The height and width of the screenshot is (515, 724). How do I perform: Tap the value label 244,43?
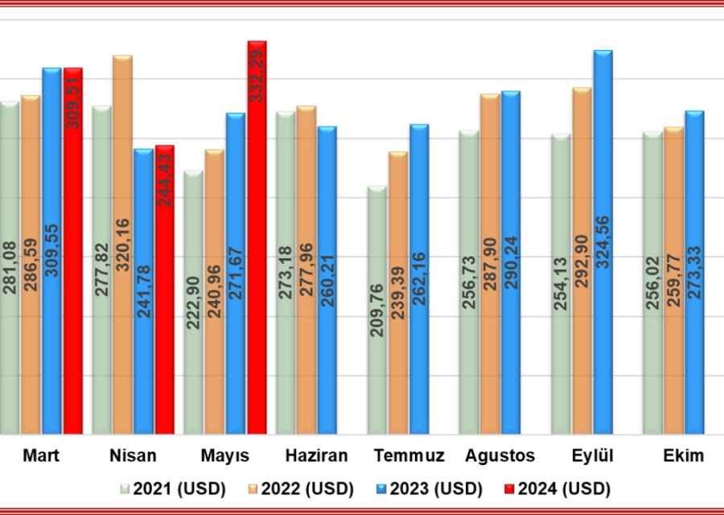click(x=166, y=177)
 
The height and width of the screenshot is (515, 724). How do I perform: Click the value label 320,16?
click(x=122, y=245)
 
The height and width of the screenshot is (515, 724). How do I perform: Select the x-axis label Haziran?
click(x=316, y=456)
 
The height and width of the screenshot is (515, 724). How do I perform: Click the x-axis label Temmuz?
click(x=409, y=456)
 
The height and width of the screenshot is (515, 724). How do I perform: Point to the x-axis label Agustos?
click(x=500, y=456)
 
